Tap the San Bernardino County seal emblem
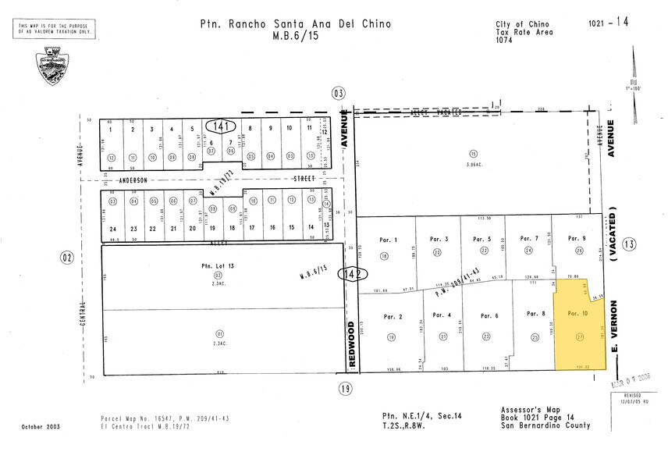coord(52,69)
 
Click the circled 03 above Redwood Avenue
coord(338,93)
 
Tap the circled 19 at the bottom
coord(343,387)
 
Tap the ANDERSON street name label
coord(128,180)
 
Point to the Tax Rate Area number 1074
coord(505,41)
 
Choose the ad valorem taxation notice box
coord(55,30)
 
